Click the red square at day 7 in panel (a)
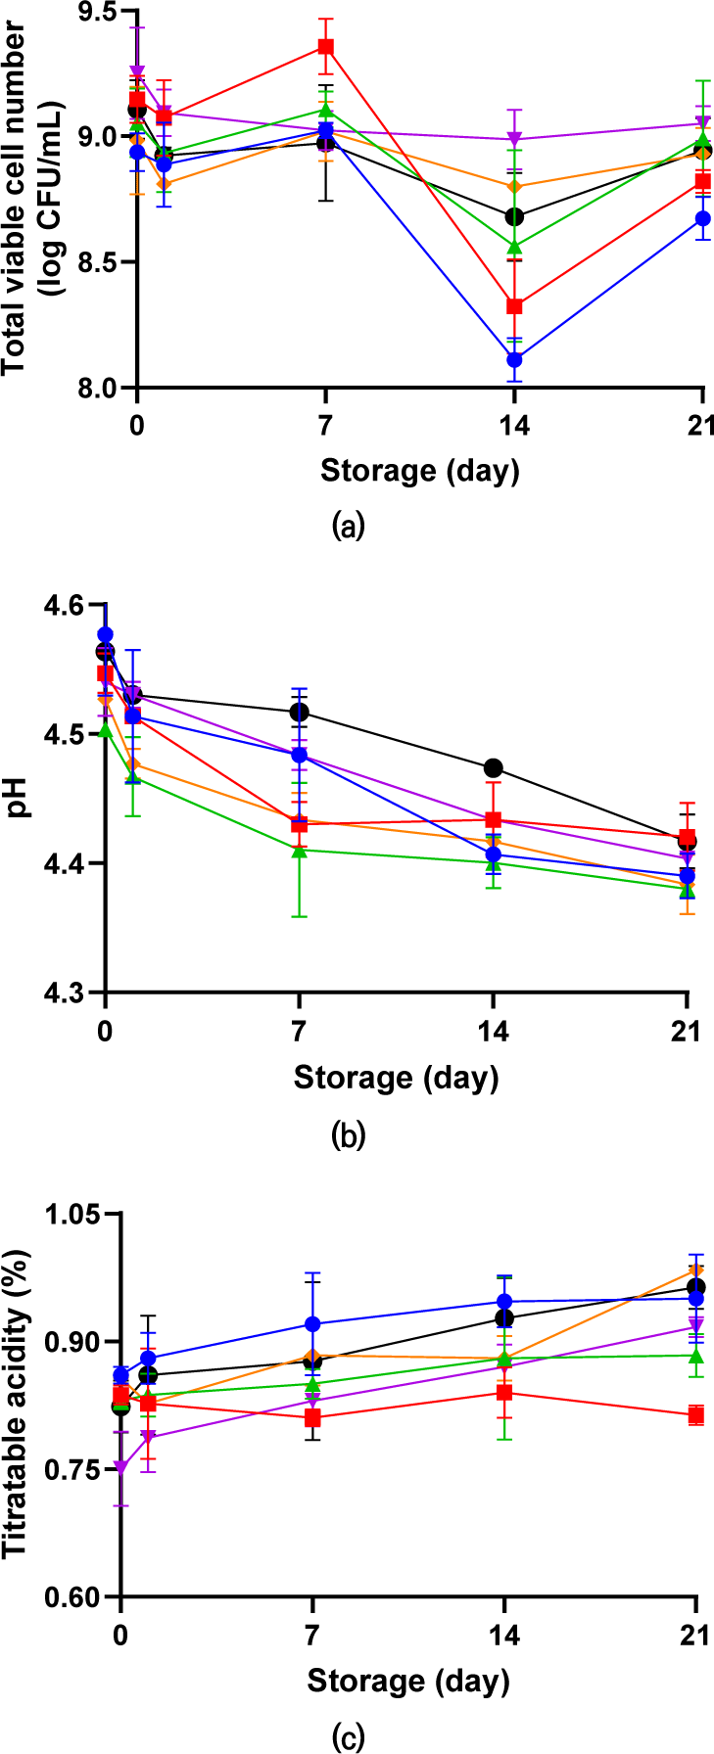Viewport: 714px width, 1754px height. click(325, 47)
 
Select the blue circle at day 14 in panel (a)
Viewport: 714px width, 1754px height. click(514, 359)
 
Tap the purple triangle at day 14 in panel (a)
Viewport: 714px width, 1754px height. click(514, 139)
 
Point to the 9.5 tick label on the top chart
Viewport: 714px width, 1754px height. click(95, 12)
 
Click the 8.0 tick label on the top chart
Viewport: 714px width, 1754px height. click(95, 389)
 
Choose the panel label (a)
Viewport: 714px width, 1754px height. click(349, 527)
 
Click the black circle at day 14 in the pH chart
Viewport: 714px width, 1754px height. click(494, 767)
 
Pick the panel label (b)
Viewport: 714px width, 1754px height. click(349, 1135)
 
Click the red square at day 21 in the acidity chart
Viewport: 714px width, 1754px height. click(695, 1415)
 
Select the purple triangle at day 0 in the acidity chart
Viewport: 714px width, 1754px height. click(120, 1468)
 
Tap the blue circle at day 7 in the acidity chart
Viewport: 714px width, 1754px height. click(312, 1324)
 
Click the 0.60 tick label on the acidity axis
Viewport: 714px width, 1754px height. click(74, 1597)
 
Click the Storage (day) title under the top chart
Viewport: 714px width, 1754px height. click(419, 471)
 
